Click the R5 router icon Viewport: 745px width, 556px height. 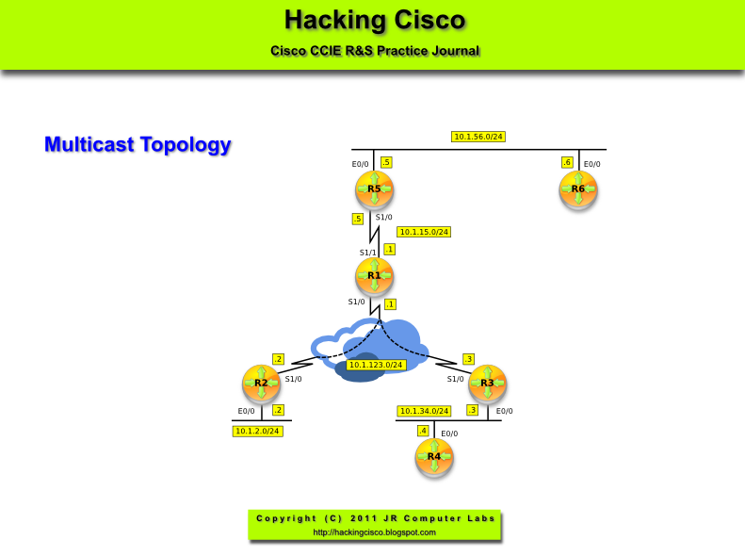(374, 189)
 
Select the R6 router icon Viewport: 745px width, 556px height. (578, 189)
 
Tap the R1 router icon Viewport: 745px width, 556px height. (374, 276)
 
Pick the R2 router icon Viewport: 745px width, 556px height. (261, 384)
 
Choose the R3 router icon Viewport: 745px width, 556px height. (487, 384)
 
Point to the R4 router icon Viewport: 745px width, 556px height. (434, 457)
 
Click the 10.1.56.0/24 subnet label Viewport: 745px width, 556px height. (478, 137)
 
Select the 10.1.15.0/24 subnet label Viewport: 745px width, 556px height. (424, 232)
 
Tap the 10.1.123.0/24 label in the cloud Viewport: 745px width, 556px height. (375, 365)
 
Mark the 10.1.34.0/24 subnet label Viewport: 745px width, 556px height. (425, 411)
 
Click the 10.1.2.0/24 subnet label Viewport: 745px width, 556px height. (258, 431)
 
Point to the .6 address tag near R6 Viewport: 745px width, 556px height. (567, 162)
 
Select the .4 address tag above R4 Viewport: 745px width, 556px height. (423, 431)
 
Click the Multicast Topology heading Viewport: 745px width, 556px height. (138, 145)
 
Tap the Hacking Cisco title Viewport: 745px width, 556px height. (374, 20)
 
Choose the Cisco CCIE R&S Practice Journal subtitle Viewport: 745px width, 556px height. (374, 51)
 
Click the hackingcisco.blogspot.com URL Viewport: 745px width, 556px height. (374, 532)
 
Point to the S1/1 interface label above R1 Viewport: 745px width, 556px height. (367, 253)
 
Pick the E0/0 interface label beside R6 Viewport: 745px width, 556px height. (592, 165)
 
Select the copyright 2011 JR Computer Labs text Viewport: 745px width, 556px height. (374, 518)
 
